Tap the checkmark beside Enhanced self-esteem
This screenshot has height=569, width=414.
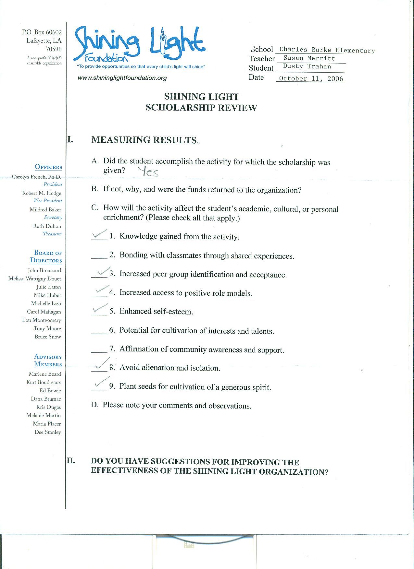99,309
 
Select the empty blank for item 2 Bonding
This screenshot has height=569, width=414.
99,256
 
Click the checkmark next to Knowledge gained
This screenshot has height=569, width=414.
99,234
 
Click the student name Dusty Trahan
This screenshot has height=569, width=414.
307,66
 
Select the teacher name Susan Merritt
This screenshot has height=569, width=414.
309,58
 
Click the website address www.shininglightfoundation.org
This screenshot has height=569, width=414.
122,78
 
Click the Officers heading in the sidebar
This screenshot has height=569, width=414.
48,167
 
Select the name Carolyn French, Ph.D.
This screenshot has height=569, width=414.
36,177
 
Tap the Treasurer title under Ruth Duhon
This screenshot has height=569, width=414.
52,234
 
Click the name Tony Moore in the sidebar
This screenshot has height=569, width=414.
47,328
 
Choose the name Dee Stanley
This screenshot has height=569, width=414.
48,432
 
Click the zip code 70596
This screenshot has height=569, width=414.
54,49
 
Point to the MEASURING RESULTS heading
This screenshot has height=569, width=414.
145,140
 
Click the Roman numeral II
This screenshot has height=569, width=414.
71,460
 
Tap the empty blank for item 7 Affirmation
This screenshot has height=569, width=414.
99,350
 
